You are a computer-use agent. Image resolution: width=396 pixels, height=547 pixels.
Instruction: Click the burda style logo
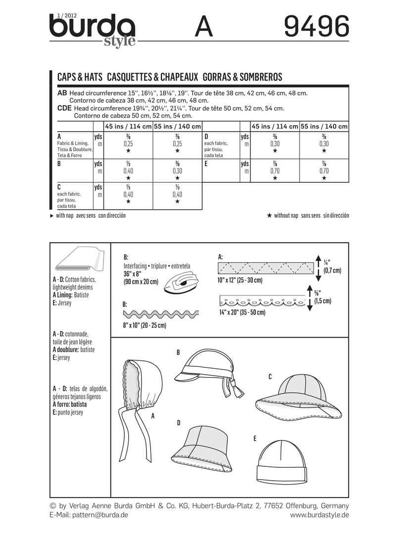pyautogui.click(x=92, y=29)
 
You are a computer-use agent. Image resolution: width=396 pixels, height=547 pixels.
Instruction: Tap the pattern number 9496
pyautogui.click(x=316, y=27)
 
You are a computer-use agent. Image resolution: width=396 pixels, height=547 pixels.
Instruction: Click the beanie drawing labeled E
pyautogui.click(x=280, y=463)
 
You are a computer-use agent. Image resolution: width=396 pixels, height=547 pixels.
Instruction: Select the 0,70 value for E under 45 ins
pyautogui.click(x=275, y=170)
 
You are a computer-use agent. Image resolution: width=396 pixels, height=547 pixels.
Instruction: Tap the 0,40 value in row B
pyautogui.click(x=128, y=170)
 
